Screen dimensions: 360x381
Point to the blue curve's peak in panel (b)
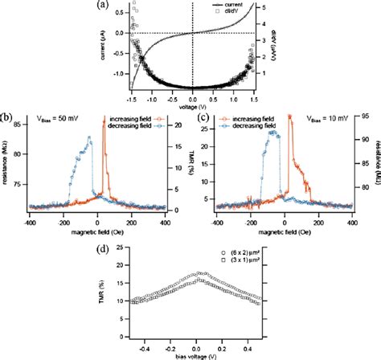(x=89, y=138)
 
